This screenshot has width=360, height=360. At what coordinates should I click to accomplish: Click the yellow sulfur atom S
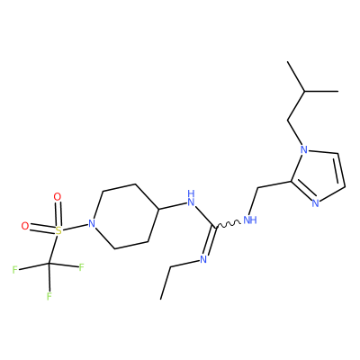(58, 230)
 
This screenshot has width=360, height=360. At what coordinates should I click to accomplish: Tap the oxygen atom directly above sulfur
(57, 197)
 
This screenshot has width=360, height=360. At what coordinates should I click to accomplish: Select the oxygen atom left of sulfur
(25, 226)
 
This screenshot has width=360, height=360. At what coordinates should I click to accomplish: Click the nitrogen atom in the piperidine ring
(92, 223)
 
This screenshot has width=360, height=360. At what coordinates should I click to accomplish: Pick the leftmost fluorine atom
(14, 270)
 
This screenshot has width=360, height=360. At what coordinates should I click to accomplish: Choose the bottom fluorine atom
(49, 296)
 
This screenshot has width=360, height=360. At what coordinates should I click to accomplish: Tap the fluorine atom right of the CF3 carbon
(81, 267)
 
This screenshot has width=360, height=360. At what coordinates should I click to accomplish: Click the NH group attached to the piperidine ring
(191, 198)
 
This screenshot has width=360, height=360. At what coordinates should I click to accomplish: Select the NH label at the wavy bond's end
(250, 220)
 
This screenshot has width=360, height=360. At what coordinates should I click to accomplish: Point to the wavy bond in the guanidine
(228, 224)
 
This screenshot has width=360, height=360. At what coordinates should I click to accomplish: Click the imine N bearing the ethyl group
(203, 259)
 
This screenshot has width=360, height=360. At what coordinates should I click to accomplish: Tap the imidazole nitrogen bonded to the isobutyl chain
(304, 149)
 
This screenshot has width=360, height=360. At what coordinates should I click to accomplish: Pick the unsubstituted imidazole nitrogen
(315, 203)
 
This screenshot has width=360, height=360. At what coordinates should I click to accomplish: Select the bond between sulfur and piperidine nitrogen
(75, 227)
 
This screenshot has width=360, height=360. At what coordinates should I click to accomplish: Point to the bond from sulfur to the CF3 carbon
(54, 249)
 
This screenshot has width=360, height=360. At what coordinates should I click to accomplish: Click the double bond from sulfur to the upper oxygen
(58, 214)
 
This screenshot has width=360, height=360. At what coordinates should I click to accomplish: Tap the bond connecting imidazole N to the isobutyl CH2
(295, 132)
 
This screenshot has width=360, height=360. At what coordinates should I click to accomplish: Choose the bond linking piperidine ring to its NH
(172, 205)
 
